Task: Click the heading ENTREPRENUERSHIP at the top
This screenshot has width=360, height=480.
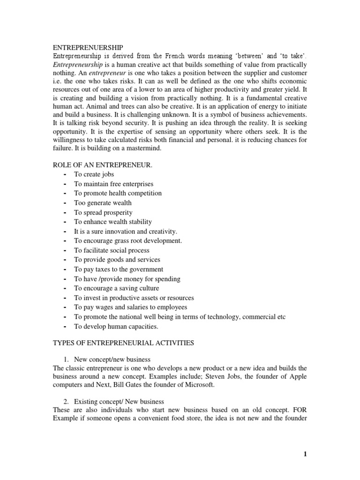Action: click(x=87, y=47)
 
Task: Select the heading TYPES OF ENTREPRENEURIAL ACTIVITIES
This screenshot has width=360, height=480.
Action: click(x=123, y=343)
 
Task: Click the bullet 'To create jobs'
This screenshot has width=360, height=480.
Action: click(x=94, y=174)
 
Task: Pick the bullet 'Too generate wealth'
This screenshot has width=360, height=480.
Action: click(x=103, y=202)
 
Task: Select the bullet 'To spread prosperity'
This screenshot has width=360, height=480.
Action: click(x=103, y=212)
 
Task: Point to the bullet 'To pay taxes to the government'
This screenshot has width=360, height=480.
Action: click(x=119, y=269)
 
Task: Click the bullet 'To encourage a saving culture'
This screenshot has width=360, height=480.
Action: click(x=116, y=288)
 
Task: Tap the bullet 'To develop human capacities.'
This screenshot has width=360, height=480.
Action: click(x=116, y=326)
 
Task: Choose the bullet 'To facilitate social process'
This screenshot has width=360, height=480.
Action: click(x=112, y=250)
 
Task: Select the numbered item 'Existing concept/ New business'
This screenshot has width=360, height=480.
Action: click(x=119, y=402)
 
